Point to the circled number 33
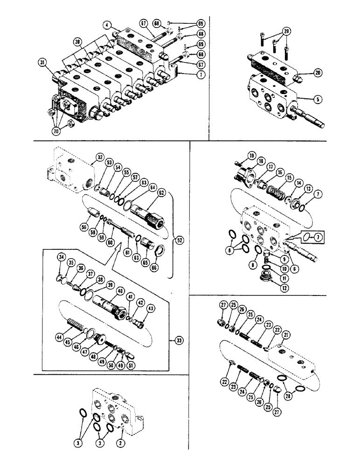180,341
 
